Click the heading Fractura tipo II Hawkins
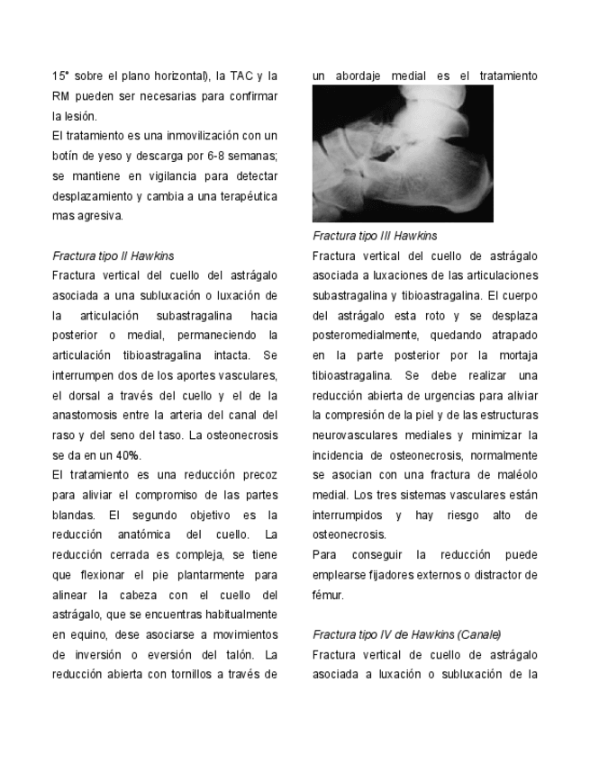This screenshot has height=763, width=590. point(113,256)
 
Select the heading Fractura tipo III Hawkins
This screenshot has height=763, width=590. point(375,236)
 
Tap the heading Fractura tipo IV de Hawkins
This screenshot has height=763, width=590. point(406,634)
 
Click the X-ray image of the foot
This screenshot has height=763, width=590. point(403,154)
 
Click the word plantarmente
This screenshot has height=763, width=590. point(210,574)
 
